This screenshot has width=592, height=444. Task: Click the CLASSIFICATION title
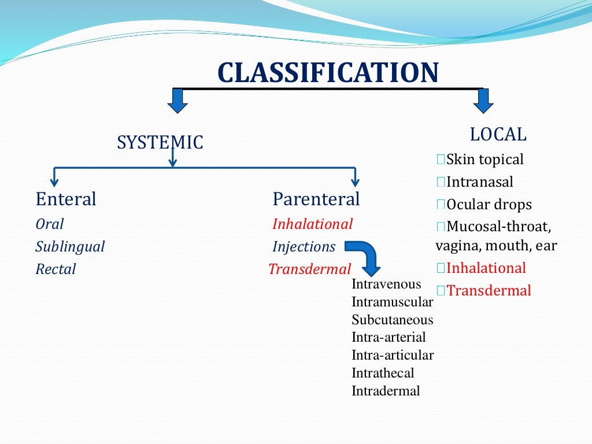[x=328, y=73]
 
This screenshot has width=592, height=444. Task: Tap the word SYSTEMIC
[x=160, y=142]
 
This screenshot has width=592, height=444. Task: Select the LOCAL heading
[x=498, y=135]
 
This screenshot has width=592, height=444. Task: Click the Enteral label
[x=66, y=199]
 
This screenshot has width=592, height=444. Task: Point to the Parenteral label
[x=316, y=199]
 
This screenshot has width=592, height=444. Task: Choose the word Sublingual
[x=70, y=247]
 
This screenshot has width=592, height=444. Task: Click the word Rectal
[x=55, y=269]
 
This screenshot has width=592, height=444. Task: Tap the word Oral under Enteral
[x=50, y=224]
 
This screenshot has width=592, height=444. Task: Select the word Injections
[x=304, y=247]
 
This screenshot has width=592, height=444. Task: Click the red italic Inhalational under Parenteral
[x=312, y=224]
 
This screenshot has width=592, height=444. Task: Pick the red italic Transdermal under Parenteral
[x=310, y=269]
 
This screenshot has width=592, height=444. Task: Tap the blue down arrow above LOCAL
[x=483, y=101]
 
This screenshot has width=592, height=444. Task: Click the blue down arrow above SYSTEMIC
[x=178, y=101]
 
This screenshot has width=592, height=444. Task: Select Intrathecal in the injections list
[x=383, y=373]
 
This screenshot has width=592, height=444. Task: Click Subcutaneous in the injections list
[x=392, y=320]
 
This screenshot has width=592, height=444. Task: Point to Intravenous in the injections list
[x=386, y=284]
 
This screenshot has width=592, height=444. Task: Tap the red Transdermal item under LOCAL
[x=489, y=290]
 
